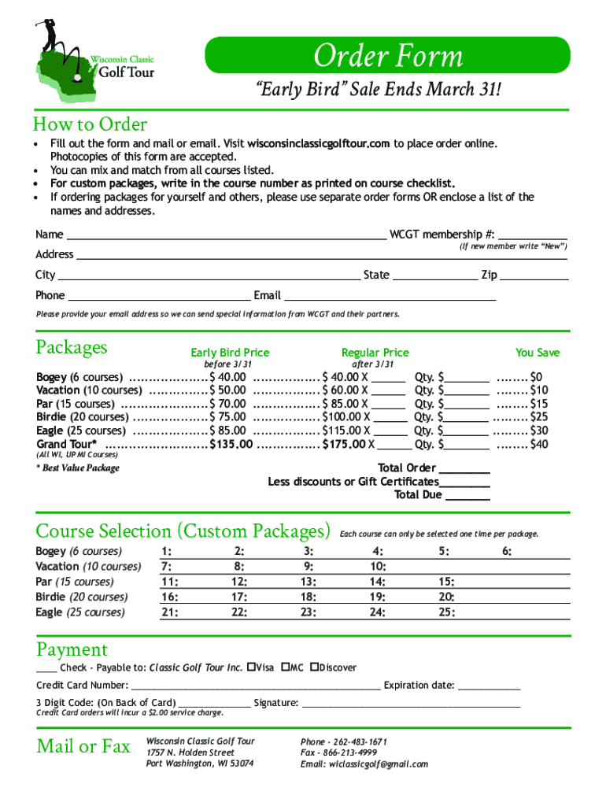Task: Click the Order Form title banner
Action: pos(387,56)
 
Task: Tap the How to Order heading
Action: pos(90,124)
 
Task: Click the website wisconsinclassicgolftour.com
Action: pos(319,143)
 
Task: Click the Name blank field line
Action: pos(225,235)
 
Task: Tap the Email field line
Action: pos(389,296)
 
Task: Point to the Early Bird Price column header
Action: pos(230,353)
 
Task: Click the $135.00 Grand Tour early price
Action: pos(231,444)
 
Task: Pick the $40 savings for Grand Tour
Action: pos(539,444)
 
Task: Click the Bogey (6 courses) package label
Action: pos(79,377)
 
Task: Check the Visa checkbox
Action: pos(251,667)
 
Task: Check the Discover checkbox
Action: pos(314,667)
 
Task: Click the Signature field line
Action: pos(409,703)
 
